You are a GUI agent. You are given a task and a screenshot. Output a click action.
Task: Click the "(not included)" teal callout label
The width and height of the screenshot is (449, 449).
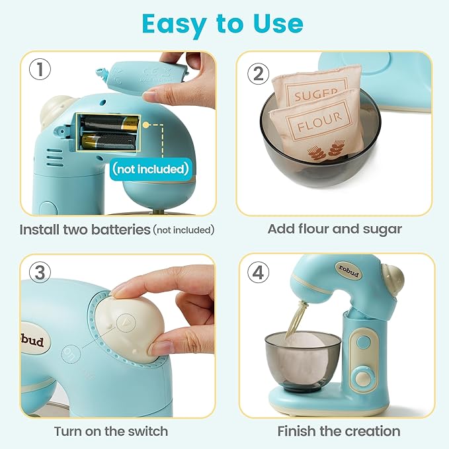[150, 169]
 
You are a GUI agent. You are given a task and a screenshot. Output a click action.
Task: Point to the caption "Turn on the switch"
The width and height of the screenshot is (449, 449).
[111, 431]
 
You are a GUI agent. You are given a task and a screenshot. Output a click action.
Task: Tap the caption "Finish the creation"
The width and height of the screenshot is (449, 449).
[339, 431]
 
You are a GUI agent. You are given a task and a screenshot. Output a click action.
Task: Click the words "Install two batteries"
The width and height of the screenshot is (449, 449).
[85, 229]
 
